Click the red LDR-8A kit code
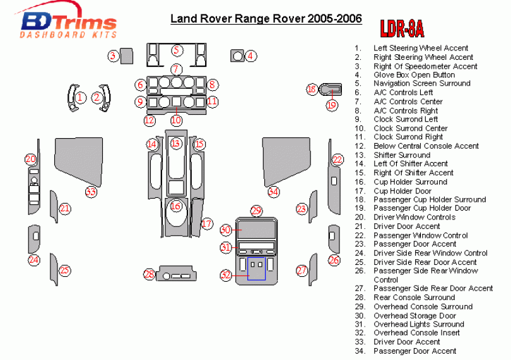click(x=401, y=29)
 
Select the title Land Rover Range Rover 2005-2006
click(x=266, y=18)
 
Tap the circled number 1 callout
click(x=81, y=98)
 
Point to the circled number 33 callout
click(x=91, y=192)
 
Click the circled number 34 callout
click(x=273, y=192)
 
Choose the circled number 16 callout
click(x=176, y=206)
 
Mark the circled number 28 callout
click(x=149, y=274)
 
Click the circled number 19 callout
click(x=332, y=105)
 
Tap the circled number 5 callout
click(x=177, y=50)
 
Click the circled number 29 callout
click(x=255, y=211)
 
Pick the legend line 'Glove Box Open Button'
click(x=414, y=74)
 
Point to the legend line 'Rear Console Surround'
click(x=414, y=298)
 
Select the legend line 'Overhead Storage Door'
click(x=414, y=315)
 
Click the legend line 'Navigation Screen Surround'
click(x=421, y=83)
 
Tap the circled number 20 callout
click(x=31, y=160)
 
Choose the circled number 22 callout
click(x=338, y=160)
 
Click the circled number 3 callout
click(x=112, y=56)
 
